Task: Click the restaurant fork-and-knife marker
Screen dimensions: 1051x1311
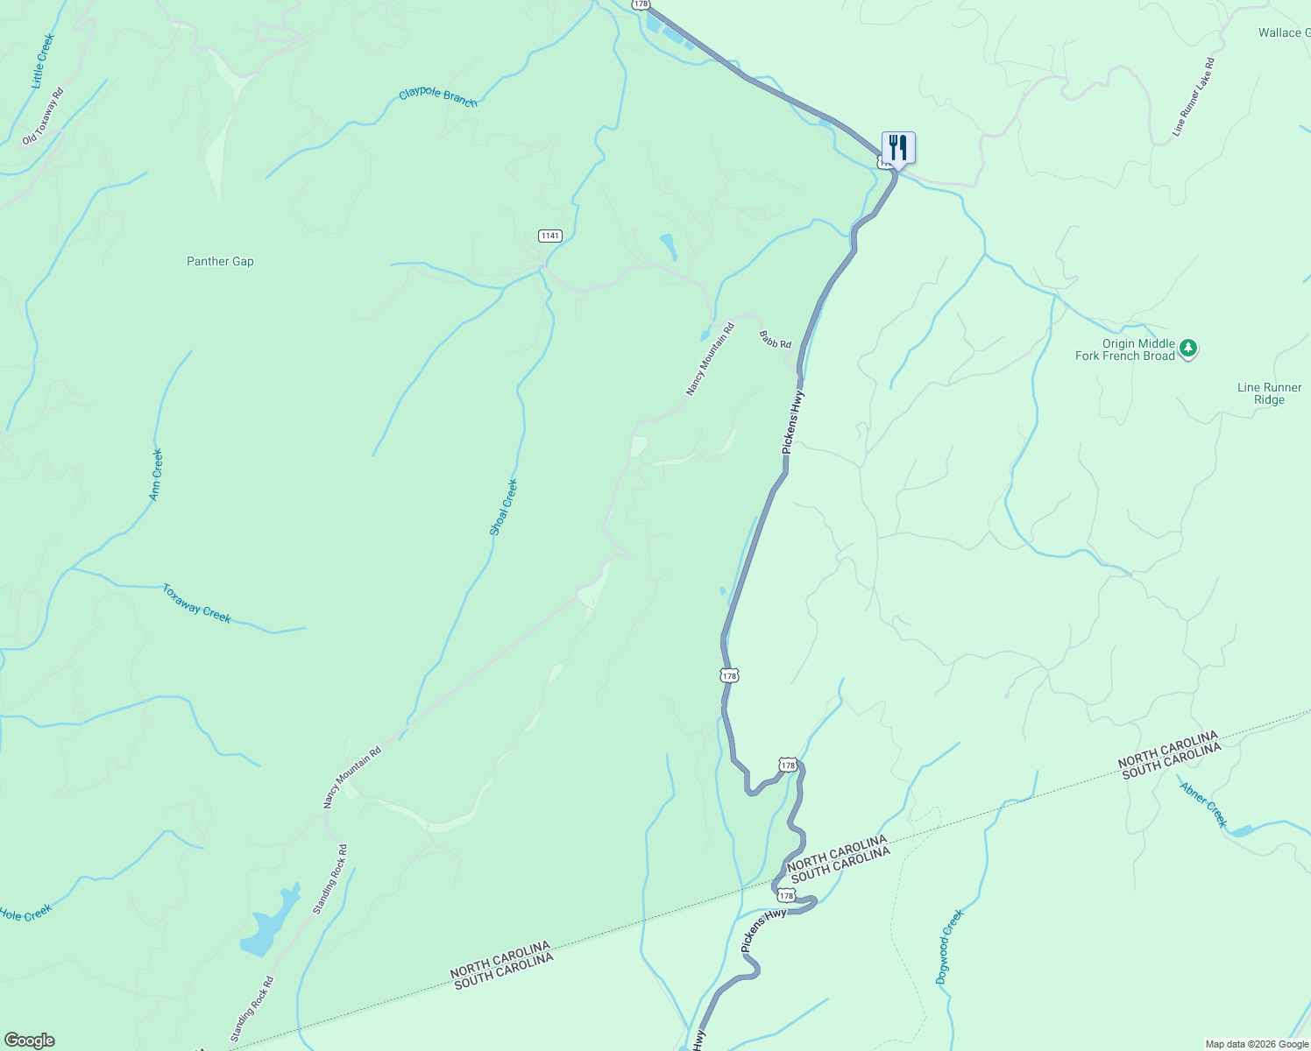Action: [x=898, y=147]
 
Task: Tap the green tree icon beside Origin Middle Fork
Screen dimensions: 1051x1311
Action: [x=1187, y=349]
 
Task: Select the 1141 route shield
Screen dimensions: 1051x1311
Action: [x=549, y=236]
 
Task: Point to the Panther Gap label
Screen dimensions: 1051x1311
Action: [x=220, y=261]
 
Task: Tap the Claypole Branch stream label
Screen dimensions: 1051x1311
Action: [x=438, y=97]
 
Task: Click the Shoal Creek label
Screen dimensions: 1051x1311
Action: [x=503, y=507]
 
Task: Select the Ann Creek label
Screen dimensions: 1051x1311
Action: [x=155, y=476]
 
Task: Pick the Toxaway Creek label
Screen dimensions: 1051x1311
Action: [x=196, y=603]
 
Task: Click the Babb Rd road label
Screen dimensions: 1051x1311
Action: [x=775, y=339]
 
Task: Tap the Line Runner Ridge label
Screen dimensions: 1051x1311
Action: [x=1269, y=393]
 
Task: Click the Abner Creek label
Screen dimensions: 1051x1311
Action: [x=1203, y=804]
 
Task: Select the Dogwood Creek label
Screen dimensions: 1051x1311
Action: [x=949, y=947]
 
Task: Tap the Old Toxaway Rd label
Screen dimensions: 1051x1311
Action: [x=43, y=116]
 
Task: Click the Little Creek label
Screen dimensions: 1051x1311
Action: [x=42, y=61]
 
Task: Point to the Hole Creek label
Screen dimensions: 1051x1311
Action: [x=26, y=913]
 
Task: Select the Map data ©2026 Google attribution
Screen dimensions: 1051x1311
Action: [x=1257, y=1044]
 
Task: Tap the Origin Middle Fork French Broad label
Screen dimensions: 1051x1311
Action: [x=1125, y=349]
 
